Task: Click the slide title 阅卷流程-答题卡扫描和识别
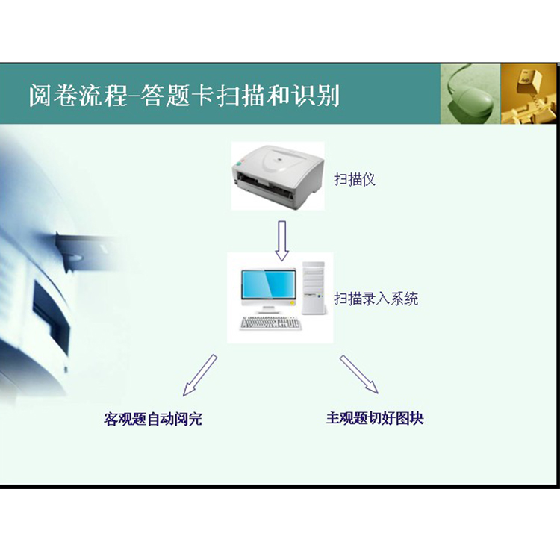tap(184, 96)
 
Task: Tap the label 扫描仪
tap(355, 179)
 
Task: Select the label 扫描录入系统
tap(376, 299)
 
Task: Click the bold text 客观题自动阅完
tap(153, 419)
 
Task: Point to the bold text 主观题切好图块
tap(375, 418)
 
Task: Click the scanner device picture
tap(278, 176)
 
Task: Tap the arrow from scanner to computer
tap(281, 240)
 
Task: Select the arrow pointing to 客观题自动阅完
tap(199, 376)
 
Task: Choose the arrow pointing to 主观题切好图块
tap(358, 374)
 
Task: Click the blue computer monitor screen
tap(269, 284)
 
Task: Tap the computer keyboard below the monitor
tap(270, 323)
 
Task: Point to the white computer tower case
tap(314, 288)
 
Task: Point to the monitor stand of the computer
tap(269, 309)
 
